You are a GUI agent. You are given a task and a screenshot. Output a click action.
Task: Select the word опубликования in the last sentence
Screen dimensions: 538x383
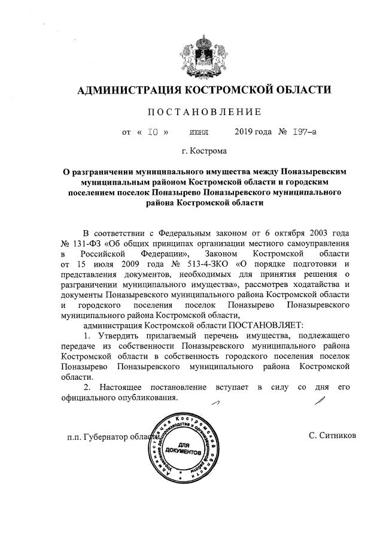tap(143, 398)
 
